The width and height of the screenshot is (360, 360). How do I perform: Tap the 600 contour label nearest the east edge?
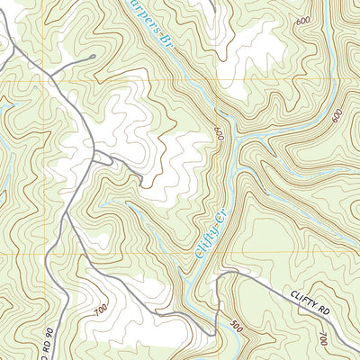coord(337,116)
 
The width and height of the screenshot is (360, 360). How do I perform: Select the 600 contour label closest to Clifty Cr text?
coord(218,133)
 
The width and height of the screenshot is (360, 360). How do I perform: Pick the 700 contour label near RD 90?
coord(99,310)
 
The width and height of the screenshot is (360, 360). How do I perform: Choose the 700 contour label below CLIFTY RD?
coord(323,337)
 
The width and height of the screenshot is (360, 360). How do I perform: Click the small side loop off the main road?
coord(106,160)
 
